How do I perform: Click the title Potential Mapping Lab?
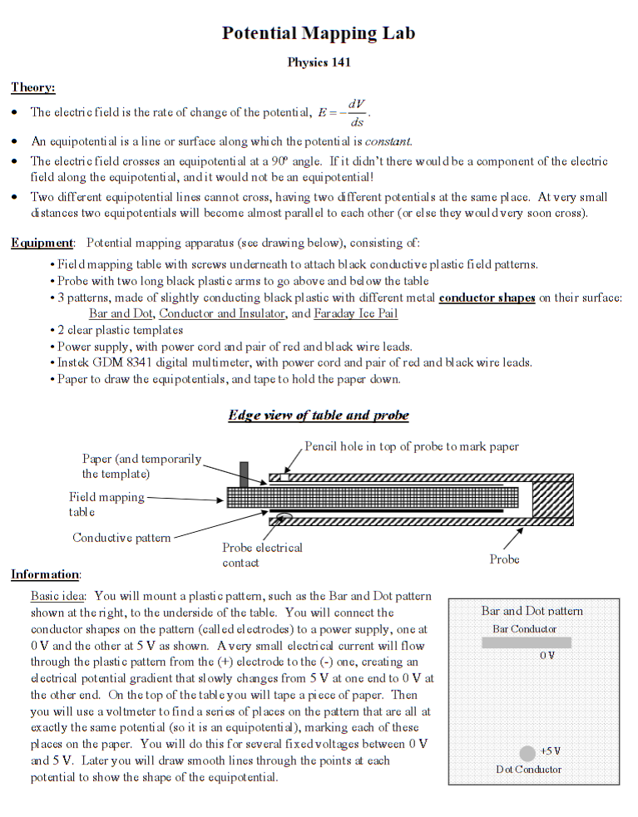(319, 33)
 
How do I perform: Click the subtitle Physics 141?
(319, 62)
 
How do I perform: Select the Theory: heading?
(33, 87)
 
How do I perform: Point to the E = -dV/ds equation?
(344, 113)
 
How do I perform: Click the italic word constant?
(388, 141)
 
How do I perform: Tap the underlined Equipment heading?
(42, 243)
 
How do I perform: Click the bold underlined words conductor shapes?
(487, 298)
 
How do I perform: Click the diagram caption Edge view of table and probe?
(319, 415)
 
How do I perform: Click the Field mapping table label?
(106, 504)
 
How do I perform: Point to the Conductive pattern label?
(121, 538)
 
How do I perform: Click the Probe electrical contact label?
(262, 554)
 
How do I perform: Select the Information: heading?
(46, 574)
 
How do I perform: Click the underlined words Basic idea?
(59, 596)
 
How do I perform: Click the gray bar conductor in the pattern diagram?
(527, 642)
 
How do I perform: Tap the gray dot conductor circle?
(527, 753)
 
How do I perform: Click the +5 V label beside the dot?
(550, 751)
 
